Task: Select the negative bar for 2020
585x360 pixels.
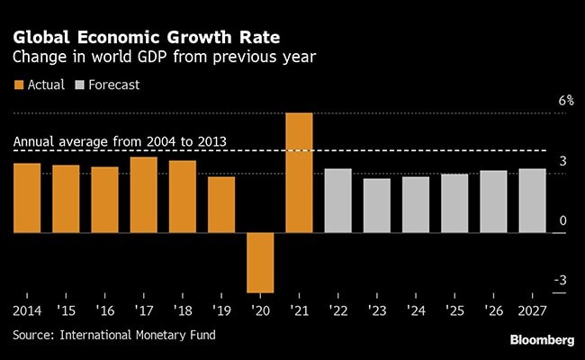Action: (260, 263)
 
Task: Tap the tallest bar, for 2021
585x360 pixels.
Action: (299, 173)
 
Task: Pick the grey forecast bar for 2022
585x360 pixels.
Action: (337, 201)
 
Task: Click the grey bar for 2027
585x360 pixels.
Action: (532, 201)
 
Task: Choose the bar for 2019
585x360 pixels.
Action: (221, 205)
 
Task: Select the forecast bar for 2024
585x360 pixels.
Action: (415, 205)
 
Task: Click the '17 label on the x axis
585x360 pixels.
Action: (143, 311)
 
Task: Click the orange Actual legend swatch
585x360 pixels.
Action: (19, 85)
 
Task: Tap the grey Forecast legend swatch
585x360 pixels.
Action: (82, 85)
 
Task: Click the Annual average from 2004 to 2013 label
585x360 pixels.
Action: (120, 142)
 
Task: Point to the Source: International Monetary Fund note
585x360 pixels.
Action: (114, 335)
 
